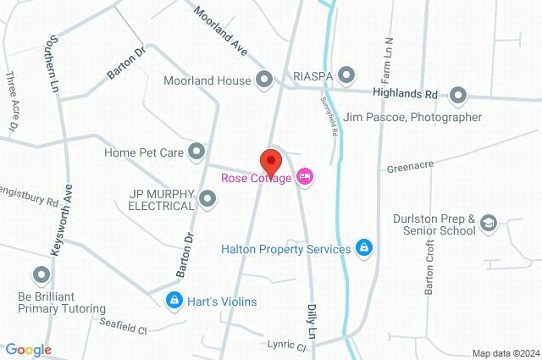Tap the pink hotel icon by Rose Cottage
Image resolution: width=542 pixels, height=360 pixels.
(306, 177)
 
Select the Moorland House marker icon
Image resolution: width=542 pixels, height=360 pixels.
(263, 81)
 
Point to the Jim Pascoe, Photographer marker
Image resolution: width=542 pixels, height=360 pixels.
(458, 95)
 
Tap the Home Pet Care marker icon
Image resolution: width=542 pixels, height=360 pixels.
(196, 152)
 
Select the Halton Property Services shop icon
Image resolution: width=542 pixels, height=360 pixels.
(363, 248)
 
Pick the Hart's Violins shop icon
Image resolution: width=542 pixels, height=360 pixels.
(174, 301)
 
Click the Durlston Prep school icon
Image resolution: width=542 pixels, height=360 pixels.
(489, 223)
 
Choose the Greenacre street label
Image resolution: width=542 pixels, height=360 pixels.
(410, 168)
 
